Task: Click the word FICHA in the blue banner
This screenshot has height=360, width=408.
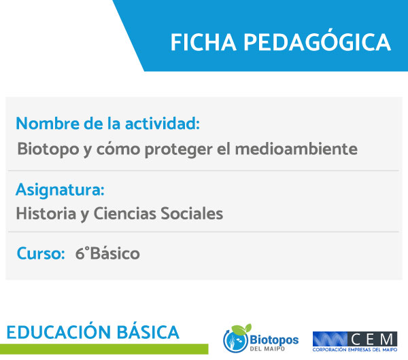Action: click(203, 42)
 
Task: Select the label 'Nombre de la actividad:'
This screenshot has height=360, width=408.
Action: click(107, 123)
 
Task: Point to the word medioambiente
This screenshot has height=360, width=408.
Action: click(296, 149)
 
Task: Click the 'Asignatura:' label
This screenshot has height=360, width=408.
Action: click(60, 190)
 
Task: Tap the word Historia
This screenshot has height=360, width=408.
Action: click(46, 213)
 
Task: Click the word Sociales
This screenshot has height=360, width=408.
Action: click(192, 213)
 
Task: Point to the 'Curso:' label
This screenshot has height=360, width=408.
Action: click(41, 253)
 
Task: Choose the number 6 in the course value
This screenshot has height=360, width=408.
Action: click(80, 253)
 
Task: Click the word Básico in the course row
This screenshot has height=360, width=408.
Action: click(115, 253)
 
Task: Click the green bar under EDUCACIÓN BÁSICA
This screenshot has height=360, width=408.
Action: click(104, 349)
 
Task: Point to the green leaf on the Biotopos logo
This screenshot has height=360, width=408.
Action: click(241, 329)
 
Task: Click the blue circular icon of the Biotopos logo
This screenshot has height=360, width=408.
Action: click(235, 341)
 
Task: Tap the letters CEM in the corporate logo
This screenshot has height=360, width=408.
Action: click(372, 339)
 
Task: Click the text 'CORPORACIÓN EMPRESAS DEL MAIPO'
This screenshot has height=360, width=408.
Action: click(355, 350)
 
